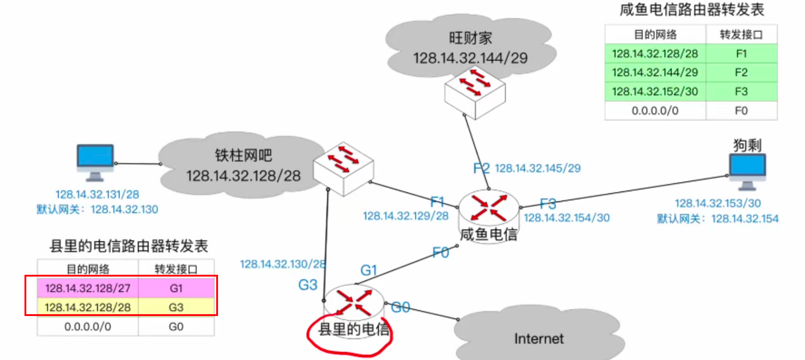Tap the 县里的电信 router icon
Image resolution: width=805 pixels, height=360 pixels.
[354, 302]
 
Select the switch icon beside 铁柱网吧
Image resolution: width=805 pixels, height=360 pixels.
[344, 168]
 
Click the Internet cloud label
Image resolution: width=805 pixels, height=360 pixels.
[538, 339]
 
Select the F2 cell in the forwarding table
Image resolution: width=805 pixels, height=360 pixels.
[741, 73]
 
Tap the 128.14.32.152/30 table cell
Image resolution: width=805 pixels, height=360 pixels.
[655, 92]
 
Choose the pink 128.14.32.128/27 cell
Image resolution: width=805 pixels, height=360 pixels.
[88, 288]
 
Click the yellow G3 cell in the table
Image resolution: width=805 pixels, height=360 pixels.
[176, 307]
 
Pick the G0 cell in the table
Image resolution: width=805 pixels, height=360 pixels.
[176, 327]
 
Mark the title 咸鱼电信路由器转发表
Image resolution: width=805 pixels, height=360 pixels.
[692, 10]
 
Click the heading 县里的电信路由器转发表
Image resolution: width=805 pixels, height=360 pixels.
[129, 246]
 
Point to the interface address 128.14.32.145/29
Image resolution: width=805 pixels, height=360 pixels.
[538, 169]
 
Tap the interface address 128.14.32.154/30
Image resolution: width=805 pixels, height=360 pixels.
[567, 218]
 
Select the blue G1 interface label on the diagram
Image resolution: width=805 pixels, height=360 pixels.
[369, 271]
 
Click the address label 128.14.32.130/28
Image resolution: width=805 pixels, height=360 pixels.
[282, 264]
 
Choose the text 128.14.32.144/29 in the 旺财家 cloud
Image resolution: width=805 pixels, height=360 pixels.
[470, 58]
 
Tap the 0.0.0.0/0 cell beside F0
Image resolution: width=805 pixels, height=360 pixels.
[655, 111]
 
